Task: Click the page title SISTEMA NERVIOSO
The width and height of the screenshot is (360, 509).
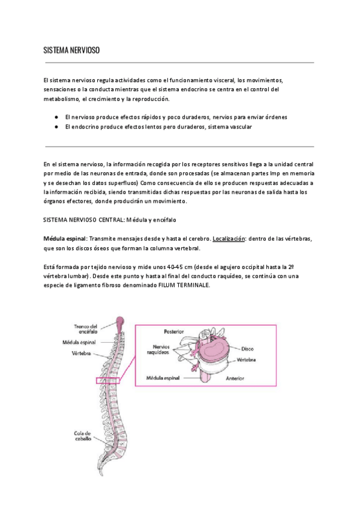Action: pyautogui.click(x=71, y=52)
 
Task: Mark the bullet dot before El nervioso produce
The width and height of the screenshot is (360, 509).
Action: pyautogui.click(x=55, y=117)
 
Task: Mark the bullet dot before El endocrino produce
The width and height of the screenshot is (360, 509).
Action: pyautogui.click(x=55, y=127)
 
